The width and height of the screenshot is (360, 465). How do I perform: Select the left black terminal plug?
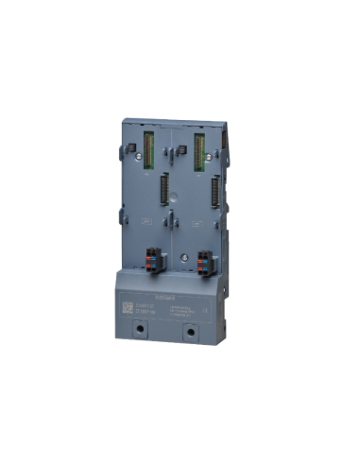pyautogui.click(x=153, y=260)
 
